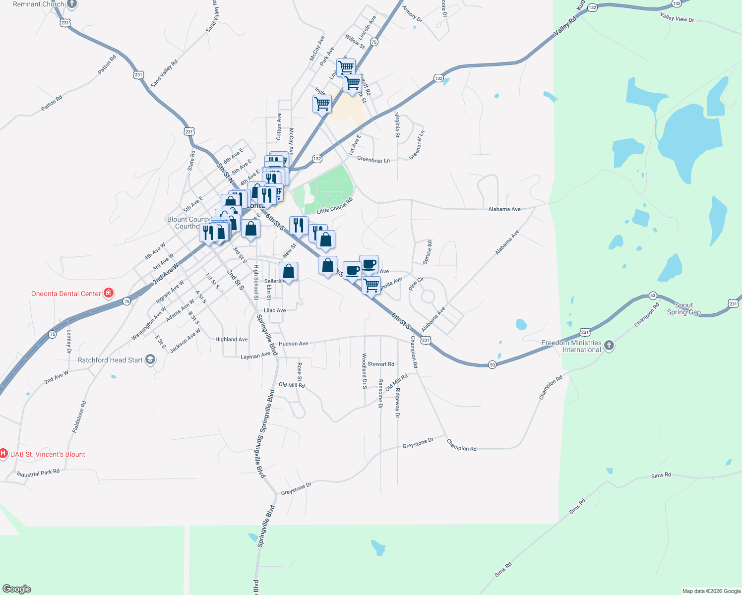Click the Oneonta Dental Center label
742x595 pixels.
click(x=66, y=294)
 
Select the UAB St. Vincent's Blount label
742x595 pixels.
click(x=48, y=454)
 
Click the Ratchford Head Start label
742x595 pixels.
click(x=110, y=360)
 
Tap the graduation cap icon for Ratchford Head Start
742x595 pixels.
click(x=150, y=360)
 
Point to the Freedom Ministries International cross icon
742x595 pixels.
click(x=610, y=346)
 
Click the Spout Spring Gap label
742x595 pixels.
click(x=683, y=309)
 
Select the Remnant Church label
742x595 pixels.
click(x=39, y=4)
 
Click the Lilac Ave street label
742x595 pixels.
click(x=275, y=310)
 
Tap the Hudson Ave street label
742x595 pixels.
click(x=293, y=344)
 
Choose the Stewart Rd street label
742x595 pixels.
click(x=381, y=364)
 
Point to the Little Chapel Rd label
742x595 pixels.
click(x=334, y=206)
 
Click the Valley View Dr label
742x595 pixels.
click(x=677, y=18)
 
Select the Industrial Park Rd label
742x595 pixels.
click(x=38, y=474)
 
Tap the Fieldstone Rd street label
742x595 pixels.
click(x=79, y=417)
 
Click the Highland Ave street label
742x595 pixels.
click(x=231, y=340)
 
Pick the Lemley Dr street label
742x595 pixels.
click(x=69, y=342)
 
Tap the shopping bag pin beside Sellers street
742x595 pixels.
click(x=289, y=272)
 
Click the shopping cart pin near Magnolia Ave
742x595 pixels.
click(x=371, y=285)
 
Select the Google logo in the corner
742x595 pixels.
click(x=17, y=589)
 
